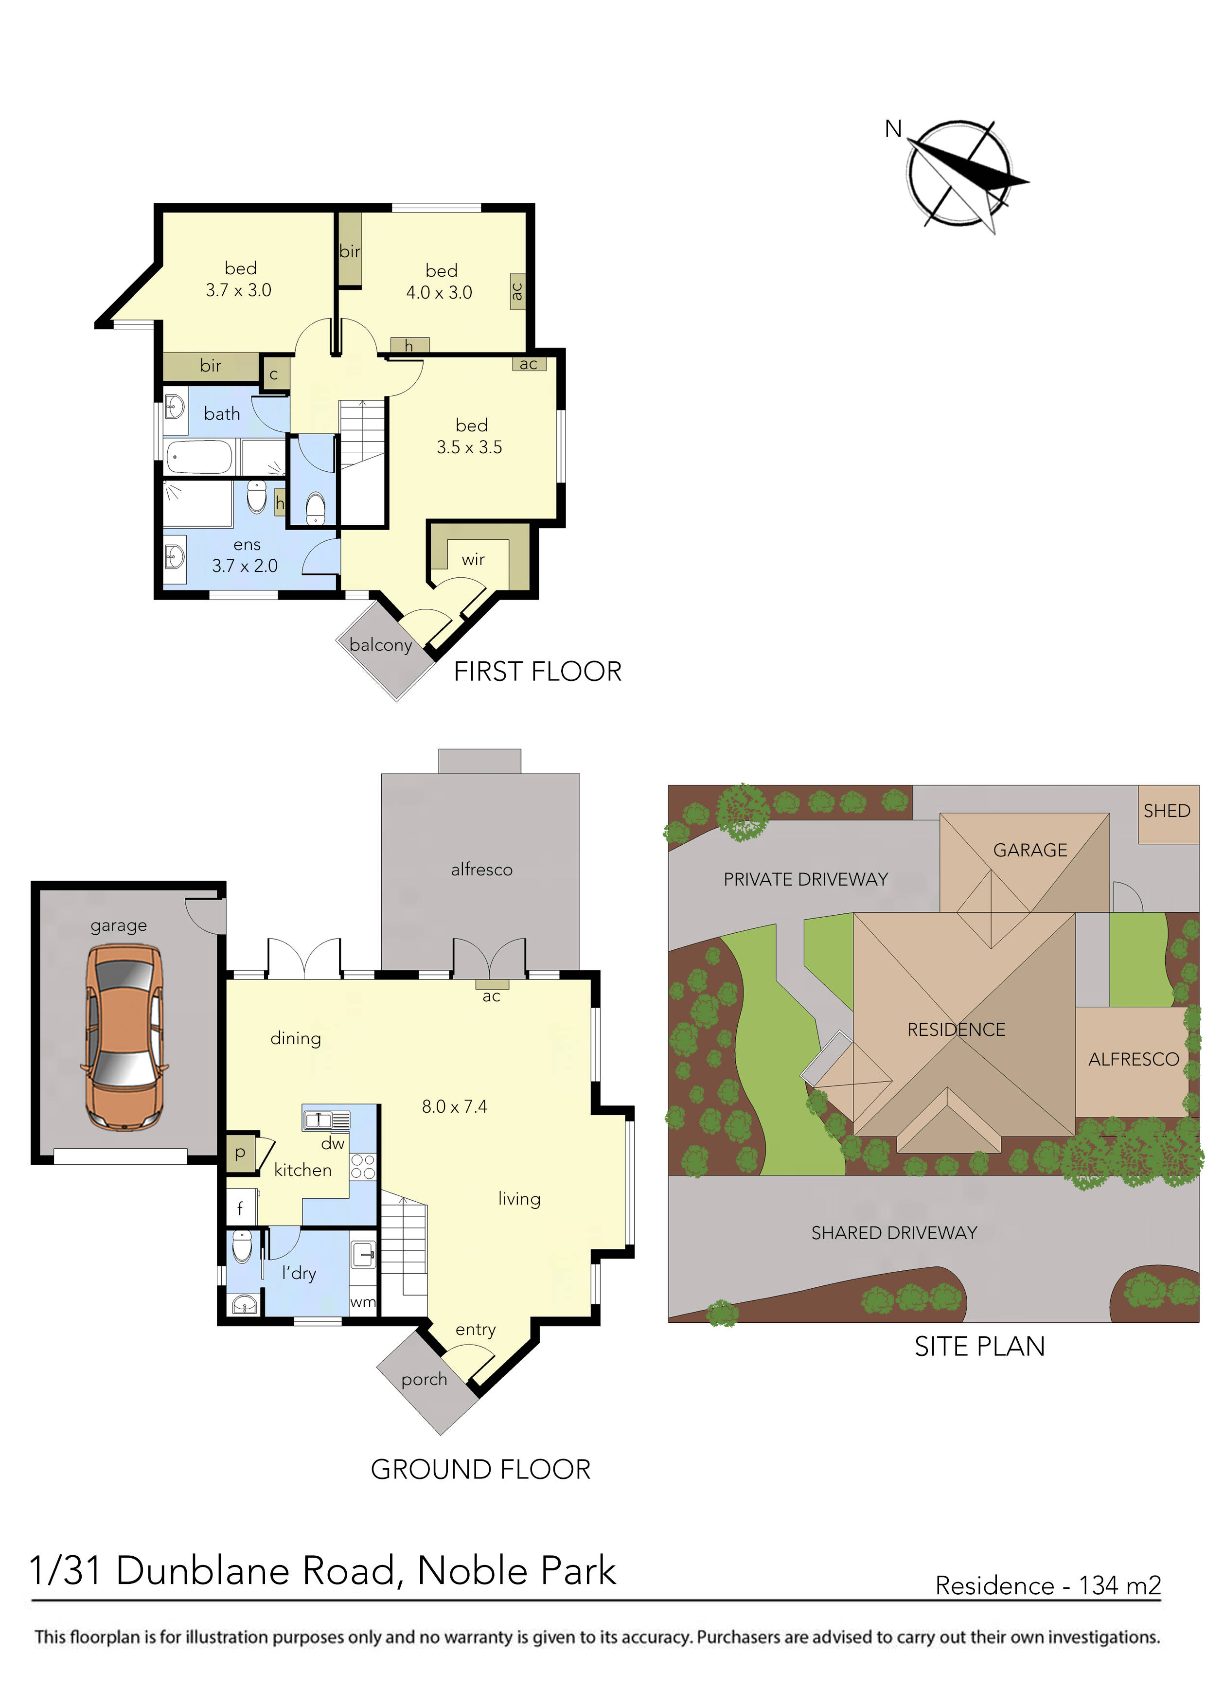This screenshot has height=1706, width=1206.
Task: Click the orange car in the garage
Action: pos(124,1037)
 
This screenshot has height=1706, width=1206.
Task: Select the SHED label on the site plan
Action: pos(1167,811)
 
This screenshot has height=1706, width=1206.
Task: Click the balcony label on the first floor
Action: pos(380,644)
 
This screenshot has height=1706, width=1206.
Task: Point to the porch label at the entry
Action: pos(425,1379)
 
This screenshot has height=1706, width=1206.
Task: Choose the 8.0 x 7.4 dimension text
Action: pos(454,1106)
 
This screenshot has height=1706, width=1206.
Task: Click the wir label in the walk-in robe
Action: pos(473,559)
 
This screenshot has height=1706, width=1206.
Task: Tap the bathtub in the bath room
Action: pos(199,456)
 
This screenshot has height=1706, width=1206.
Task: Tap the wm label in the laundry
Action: pos(363,1302)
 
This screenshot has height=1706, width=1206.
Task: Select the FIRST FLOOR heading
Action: pos(537,672)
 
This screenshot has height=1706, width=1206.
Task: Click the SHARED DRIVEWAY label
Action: pos(894,1233)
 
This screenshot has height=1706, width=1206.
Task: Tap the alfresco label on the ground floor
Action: pos(481,870)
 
